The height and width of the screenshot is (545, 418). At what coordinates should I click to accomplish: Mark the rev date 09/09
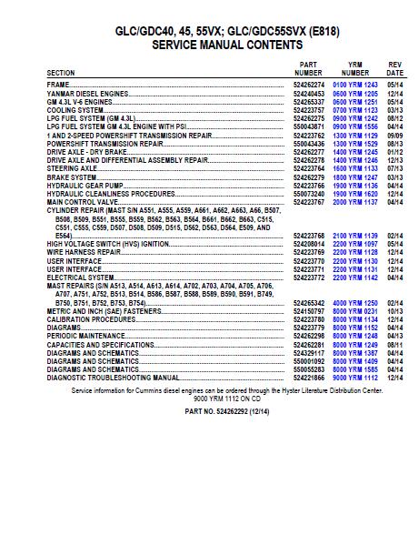[x=394, y=135]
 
